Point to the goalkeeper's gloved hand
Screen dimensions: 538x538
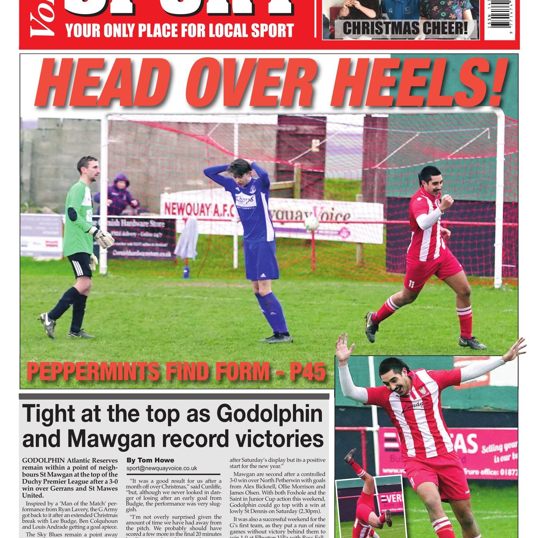(104, 238)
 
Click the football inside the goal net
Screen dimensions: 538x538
(311, 223)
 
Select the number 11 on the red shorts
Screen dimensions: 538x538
(412, 284)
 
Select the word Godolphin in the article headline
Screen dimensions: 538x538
(270, 414)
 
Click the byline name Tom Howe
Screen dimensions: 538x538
(156, 460)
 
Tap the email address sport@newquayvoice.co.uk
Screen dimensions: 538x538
(162, 468)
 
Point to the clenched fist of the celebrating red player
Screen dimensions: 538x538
(446, 201)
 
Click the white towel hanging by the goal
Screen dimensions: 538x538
(187, 238)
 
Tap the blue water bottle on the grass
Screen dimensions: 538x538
(187, 272)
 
